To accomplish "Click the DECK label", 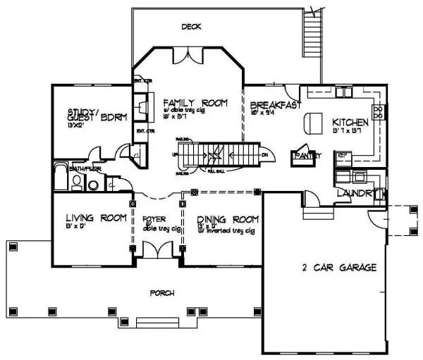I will [190, 27].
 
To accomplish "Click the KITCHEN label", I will [350, 122].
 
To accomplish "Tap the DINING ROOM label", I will [222, 219].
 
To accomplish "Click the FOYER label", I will [154, 219].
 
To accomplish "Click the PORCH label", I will [161, 292].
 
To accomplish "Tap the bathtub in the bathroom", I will [59, 178].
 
